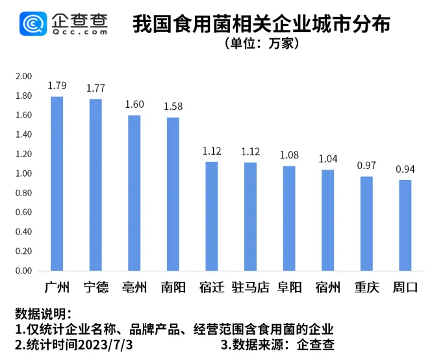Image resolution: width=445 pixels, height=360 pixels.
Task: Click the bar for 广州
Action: click(57, 183)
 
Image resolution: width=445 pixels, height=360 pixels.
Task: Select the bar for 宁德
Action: click(95, 185)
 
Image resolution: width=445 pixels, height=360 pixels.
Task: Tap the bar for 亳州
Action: click(134, 193)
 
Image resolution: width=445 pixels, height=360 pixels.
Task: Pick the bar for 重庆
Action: click(366, 224)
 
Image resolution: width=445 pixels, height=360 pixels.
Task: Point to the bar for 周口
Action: click(405, 225)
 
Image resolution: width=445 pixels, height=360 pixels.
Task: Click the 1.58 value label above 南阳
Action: click(173, 106)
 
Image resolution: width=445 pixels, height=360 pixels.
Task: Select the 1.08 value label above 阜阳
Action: click(289, 155)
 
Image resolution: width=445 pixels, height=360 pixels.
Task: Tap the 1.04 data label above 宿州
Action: click(327, 159)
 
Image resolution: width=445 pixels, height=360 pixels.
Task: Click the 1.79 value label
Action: click(57, 86)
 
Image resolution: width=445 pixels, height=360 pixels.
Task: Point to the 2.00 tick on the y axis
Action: click(23, 77)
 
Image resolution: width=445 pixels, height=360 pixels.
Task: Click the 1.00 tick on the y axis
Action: click(23, 174)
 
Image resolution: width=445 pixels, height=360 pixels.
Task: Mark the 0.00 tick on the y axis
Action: click(23, 271)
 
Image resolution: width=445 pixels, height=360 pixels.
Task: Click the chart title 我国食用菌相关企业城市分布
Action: click(261, 25)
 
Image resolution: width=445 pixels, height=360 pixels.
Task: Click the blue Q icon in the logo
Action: click(32, 25)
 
